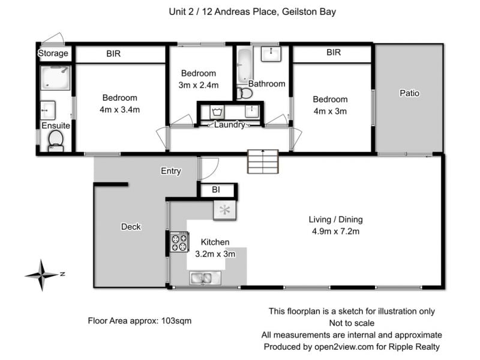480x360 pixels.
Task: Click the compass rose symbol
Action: tap(42, 275)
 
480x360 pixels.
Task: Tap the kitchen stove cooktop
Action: tap(179, 242)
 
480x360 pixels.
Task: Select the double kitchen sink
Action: tap(202, 278)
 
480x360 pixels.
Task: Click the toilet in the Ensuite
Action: tap(56, 141)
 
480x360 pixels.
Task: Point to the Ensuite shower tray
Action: tap(55, 78)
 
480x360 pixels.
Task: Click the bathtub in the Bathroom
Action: tap(245, 65)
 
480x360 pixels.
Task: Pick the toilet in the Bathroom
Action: tap(245, 94)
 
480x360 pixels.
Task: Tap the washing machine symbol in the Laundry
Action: tap(217, 112)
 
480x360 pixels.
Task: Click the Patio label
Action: tap(409, 93)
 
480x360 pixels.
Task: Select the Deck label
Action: tap(131, 227)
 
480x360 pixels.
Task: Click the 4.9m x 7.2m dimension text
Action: tap(335, 231)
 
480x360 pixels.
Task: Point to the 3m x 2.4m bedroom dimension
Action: tap(199, 85)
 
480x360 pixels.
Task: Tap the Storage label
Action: tap(53, 53)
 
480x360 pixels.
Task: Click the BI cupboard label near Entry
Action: tap(216, 190)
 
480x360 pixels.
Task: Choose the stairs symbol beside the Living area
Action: tap(263, 161)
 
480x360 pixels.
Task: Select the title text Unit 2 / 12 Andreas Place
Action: tap(223, 11)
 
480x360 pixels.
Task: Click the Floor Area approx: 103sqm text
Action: tap(140, 321)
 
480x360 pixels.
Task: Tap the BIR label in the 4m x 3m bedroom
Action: tap(334, 52)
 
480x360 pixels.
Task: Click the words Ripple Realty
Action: tap(414, 347)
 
